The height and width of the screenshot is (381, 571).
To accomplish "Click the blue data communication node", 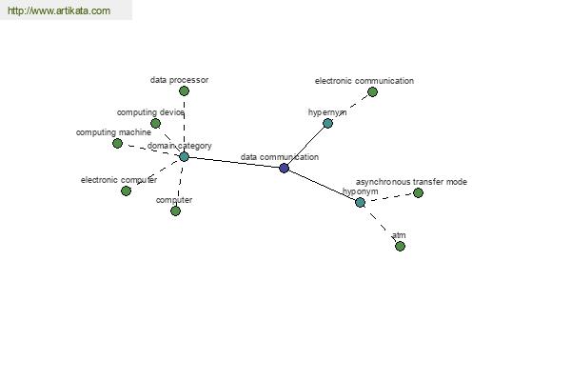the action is click(x=284, y=168).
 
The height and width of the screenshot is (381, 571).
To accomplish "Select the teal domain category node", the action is click(x=184, y=157).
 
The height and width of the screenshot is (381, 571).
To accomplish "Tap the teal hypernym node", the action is click(x=327, y=123).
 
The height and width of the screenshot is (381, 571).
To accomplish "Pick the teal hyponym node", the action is click(x=360, y=202).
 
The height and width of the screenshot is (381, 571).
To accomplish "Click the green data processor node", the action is click(x=184, y=91).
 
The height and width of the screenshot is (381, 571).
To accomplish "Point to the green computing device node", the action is click(x=155, y=123).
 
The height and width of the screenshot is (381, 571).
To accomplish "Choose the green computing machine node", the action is click(x=117, y=143).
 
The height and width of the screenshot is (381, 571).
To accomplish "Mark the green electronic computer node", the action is click(x=126, y=190).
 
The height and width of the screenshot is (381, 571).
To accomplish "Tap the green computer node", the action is click(x=175, y=211).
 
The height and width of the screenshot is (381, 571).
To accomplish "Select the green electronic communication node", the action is click(x=372, y=91).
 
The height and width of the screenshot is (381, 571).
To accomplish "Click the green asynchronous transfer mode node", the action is click(x=418, y=192).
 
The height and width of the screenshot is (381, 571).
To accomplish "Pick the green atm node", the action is click(x=400, y=246).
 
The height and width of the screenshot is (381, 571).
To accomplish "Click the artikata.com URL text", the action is click(x=59, y=10).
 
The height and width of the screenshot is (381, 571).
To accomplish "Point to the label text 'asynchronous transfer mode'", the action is click(x=411, y=182).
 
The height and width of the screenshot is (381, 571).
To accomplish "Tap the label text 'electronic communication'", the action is click(x=364, y=81).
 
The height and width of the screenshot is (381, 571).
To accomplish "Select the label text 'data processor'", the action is click(x=179, y=80).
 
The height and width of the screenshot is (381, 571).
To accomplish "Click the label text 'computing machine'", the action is click(x=113, y=132).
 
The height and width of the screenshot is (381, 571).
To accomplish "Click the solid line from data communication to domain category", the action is click(x=234, y=162).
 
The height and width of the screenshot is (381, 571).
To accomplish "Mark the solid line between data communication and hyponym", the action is click(x=322, y=185).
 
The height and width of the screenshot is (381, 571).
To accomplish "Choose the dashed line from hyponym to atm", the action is click(x=380, y=224).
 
